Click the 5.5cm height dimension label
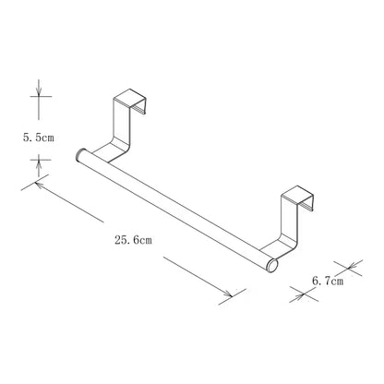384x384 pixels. [x=39, y=138]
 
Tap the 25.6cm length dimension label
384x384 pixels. [x=133, y=240]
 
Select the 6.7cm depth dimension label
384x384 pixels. [x=328, y=281]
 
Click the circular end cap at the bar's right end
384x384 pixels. [x=272, y=266]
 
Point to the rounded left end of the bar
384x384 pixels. [x=79, y=155]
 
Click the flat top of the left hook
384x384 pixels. [x=129, y=98]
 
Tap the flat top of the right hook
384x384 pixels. [x=297, y=195]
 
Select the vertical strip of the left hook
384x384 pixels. [x=122, y=122]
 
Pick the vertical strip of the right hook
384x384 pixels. [x=290, y=219]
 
